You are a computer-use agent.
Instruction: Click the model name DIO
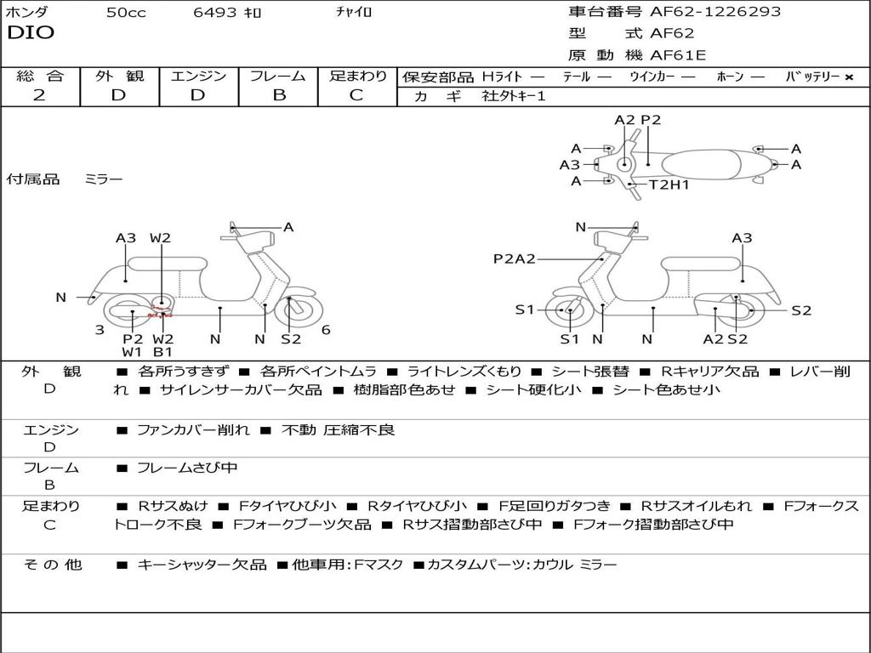click(x=31, y=33)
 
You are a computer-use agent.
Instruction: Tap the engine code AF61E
click(x=678, y=55)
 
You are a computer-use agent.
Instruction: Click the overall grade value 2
click(x=39, y=95)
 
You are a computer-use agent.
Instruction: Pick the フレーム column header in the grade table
click(x=278, y=76)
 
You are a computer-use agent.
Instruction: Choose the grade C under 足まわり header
click(x=356, y=95)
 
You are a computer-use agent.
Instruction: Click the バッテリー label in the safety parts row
click(x=812, y=77)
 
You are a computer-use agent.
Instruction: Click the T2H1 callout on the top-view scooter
click(x=669, y=185)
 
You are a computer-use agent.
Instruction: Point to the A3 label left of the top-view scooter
click(x=570, y=165)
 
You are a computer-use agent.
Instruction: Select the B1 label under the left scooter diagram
click(x=162, y=352)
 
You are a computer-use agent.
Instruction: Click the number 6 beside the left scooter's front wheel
click(x=326, y=330)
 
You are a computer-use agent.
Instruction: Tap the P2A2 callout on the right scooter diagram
click(x=515, y=258)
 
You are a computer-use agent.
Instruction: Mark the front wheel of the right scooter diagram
click(x=568, y=311)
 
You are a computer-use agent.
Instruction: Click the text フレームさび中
click(x=187, y=468)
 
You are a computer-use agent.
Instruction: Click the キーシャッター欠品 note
click(x=202, y=565)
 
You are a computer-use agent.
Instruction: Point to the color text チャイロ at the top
click(x=354, y=13)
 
